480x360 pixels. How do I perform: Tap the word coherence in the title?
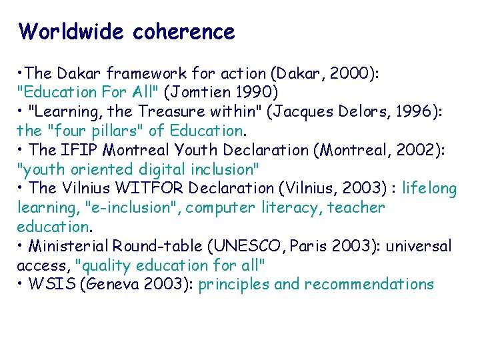(184, 31)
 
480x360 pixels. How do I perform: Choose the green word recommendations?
(369, 285)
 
